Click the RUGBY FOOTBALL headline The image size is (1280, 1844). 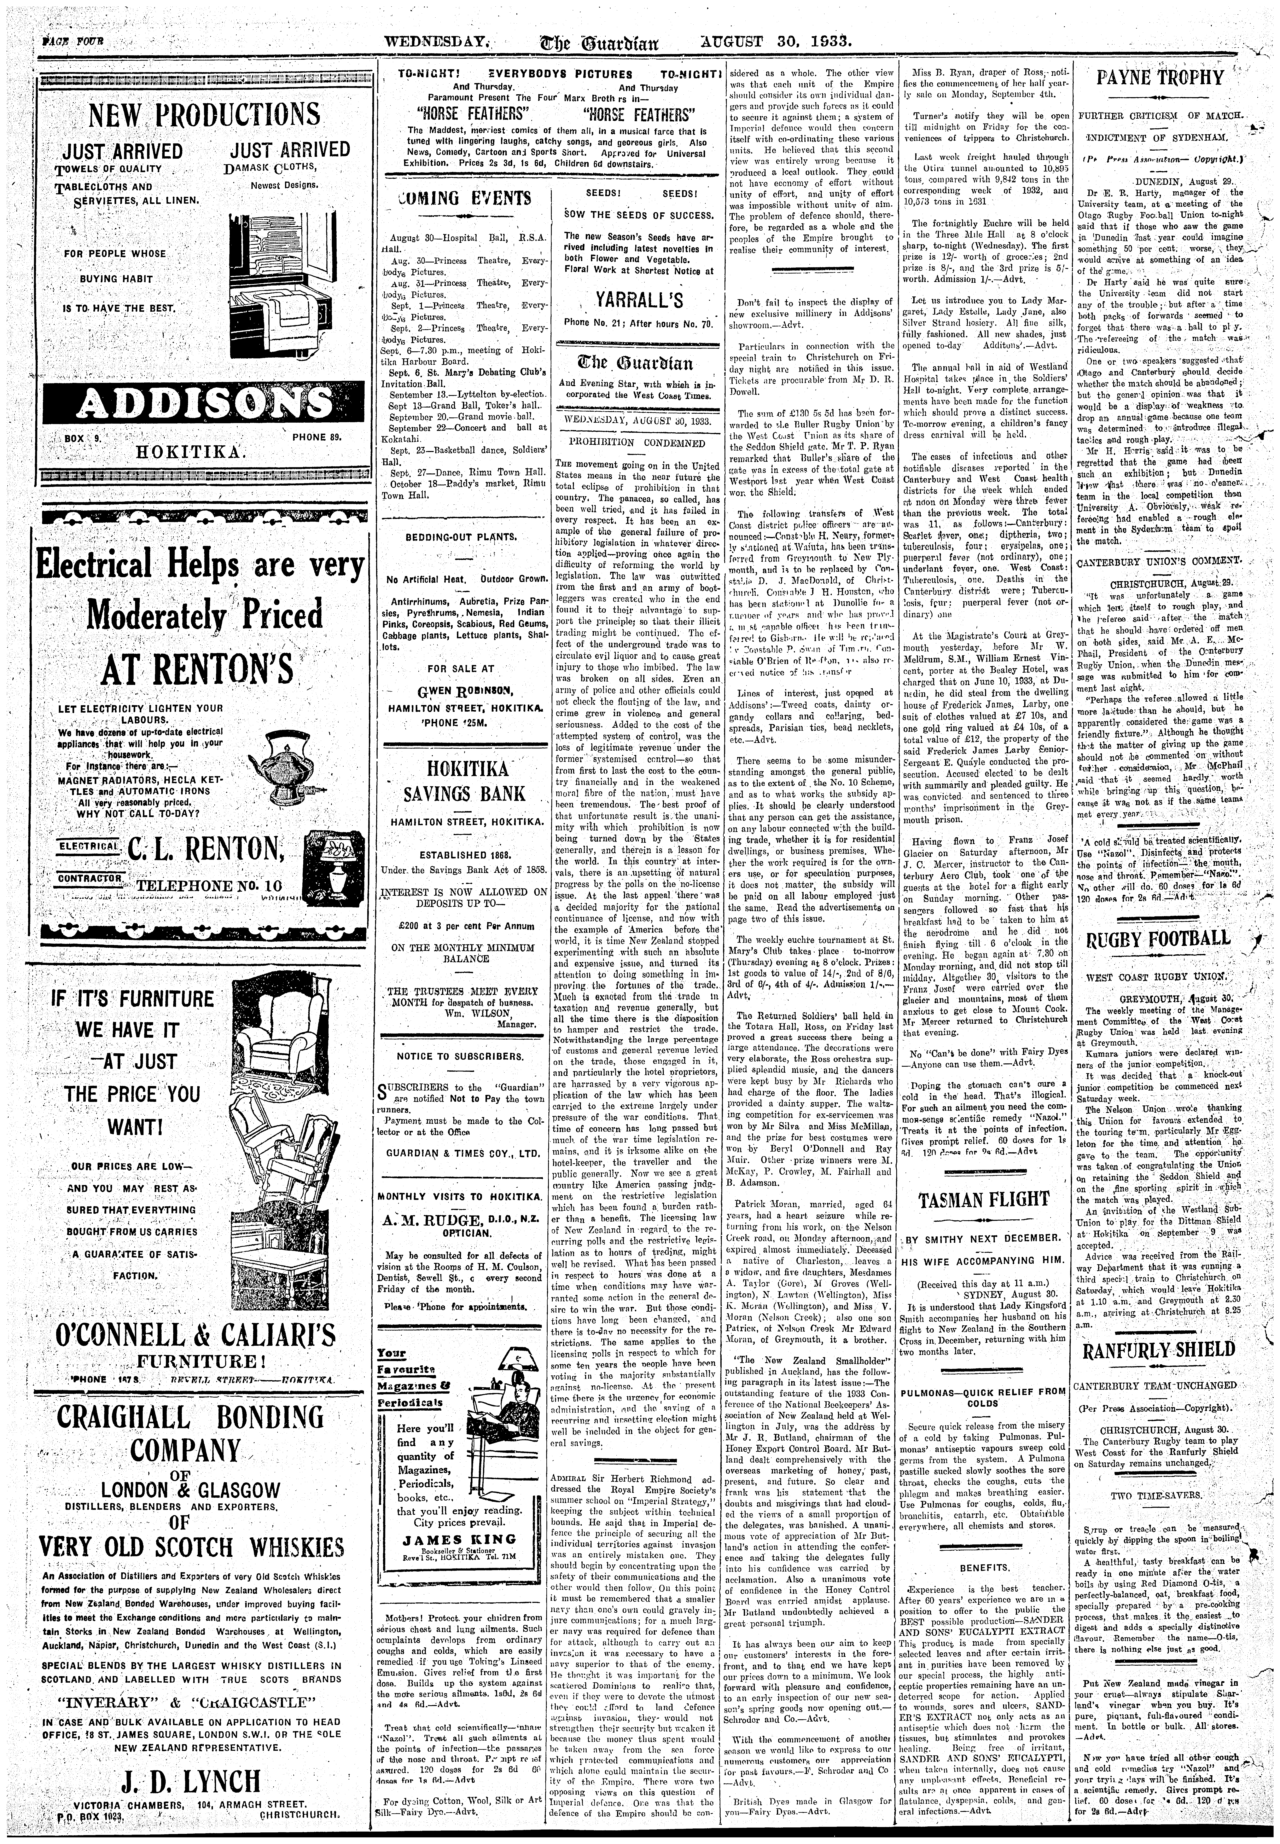click(x=1157, y=938)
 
